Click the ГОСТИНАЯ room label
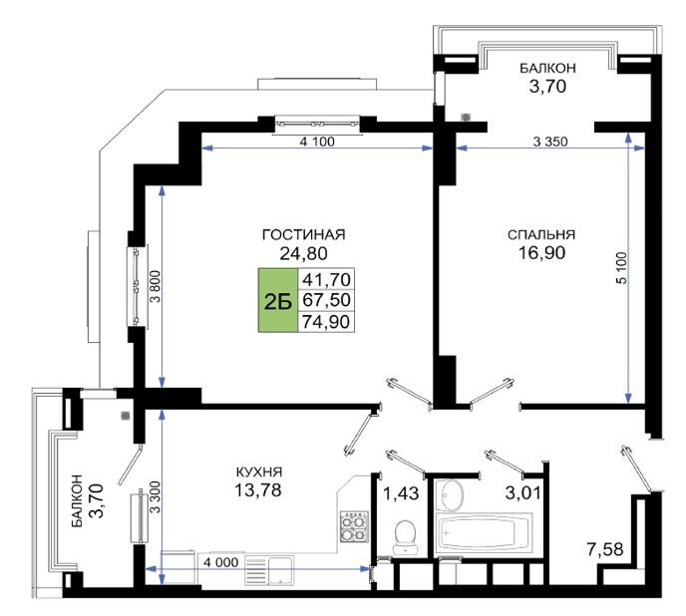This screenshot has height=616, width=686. pos(303,234)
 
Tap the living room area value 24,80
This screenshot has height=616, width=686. pos(303,254)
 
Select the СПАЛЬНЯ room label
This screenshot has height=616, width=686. pos(541,234)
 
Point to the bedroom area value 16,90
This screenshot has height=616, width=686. pos(541,254)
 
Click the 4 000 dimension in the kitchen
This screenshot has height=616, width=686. pos(219,561)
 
